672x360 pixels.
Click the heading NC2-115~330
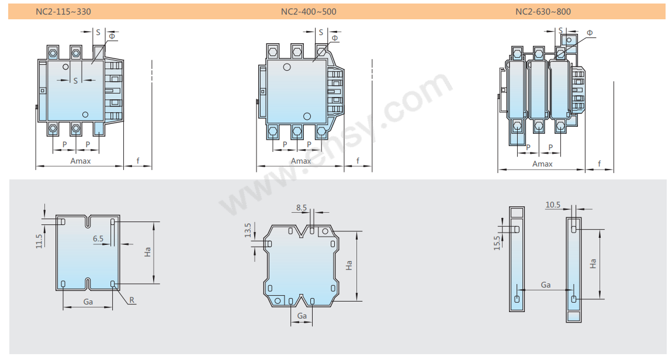(64, 12)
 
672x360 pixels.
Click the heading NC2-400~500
(309, 12)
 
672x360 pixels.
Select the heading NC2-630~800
(543, 12)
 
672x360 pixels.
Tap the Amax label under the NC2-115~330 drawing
(81, 161)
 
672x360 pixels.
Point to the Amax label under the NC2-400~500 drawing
(301, 161)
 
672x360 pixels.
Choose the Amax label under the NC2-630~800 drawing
(542, 164)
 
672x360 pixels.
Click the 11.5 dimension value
(39, 241)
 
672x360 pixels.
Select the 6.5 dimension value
(98, 239)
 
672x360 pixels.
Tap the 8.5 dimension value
(302, 207)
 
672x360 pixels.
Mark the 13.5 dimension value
(247, 229)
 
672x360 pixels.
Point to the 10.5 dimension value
(553, 205)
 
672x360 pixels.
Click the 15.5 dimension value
(497, 243)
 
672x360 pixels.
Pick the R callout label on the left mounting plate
(132, 300)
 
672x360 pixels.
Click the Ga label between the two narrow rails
(545, 285)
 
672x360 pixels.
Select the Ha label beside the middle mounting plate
(349, 265)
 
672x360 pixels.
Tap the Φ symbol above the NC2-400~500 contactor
(335, 38)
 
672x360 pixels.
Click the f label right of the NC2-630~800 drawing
(599, 164)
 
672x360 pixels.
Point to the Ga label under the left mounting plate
(88, 302)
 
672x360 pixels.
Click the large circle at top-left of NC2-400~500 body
(287, 67)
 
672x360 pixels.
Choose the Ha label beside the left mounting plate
(148, 252)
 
